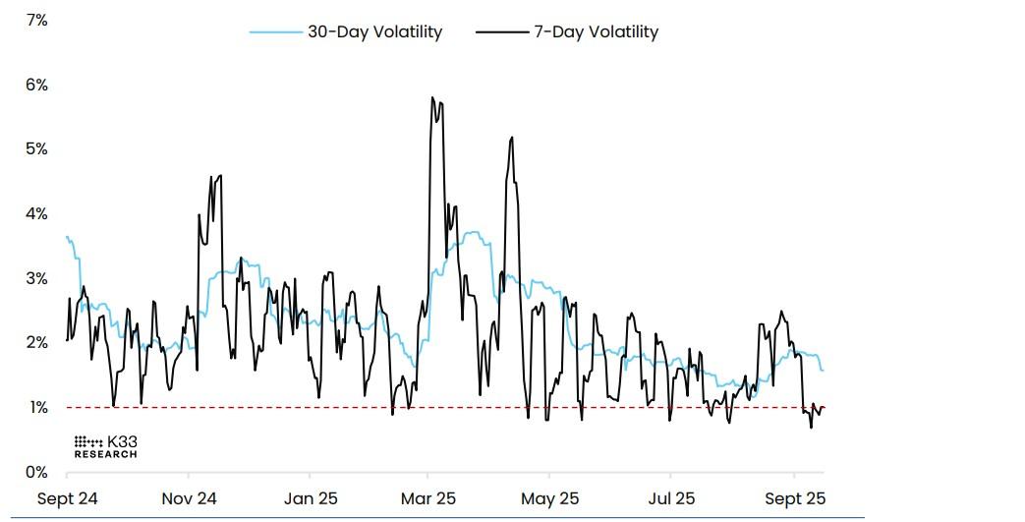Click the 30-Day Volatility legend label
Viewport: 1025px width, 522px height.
pyautogui.click(x=375, y=31)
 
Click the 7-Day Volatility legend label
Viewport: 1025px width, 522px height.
pyautogui.click(x=596, y=31)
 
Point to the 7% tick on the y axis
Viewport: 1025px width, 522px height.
pyautogui.click(x=36, y=20)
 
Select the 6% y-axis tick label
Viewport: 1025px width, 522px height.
pyautogui.click(x=36, y=85)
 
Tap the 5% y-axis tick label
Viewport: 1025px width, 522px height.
pyautogui.click(x=36, y=148)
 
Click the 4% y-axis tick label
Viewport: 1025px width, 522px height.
pyautogui.click(x=36, y=213)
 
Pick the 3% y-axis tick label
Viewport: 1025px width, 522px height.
pyautogui.click(x=36, y=278)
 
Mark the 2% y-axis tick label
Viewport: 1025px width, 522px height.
pyautogui.click(x=36, y=342)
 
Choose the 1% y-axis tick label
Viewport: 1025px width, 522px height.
pyautogui.click(x=36, y=407)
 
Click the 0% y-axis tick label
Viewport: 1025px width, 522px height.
pyautogui.click(x=36, y=472)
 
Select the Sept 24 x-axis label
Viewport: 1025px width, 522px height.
pyautogui.click(x=68, y=498)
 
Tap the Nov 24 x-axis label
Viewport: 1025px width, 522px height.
pyautogui.click(x=191, y=498)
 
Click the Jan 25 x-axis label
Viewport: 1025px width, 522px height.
pyautogui.click(x=312, y=498)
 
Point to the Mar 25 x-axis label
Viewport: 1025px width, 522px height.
pyautogui.click(x=428, y=498)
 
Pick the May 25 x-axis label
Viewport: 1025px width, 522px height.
pyautogui.click(x=550, y=498)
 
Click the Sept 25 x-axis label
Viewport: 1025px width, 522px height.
pyautogui.click(x=795, y=498)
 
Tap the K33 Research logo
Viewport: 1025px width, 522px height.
pyautogui.click(x=106, y=447)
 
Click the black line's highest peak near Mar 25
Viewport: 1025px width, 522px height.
pyautogui.click(x=432, y=97)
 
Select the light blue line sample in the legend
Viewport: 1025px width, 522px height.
pyautogui.click(x=275, y=31)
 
